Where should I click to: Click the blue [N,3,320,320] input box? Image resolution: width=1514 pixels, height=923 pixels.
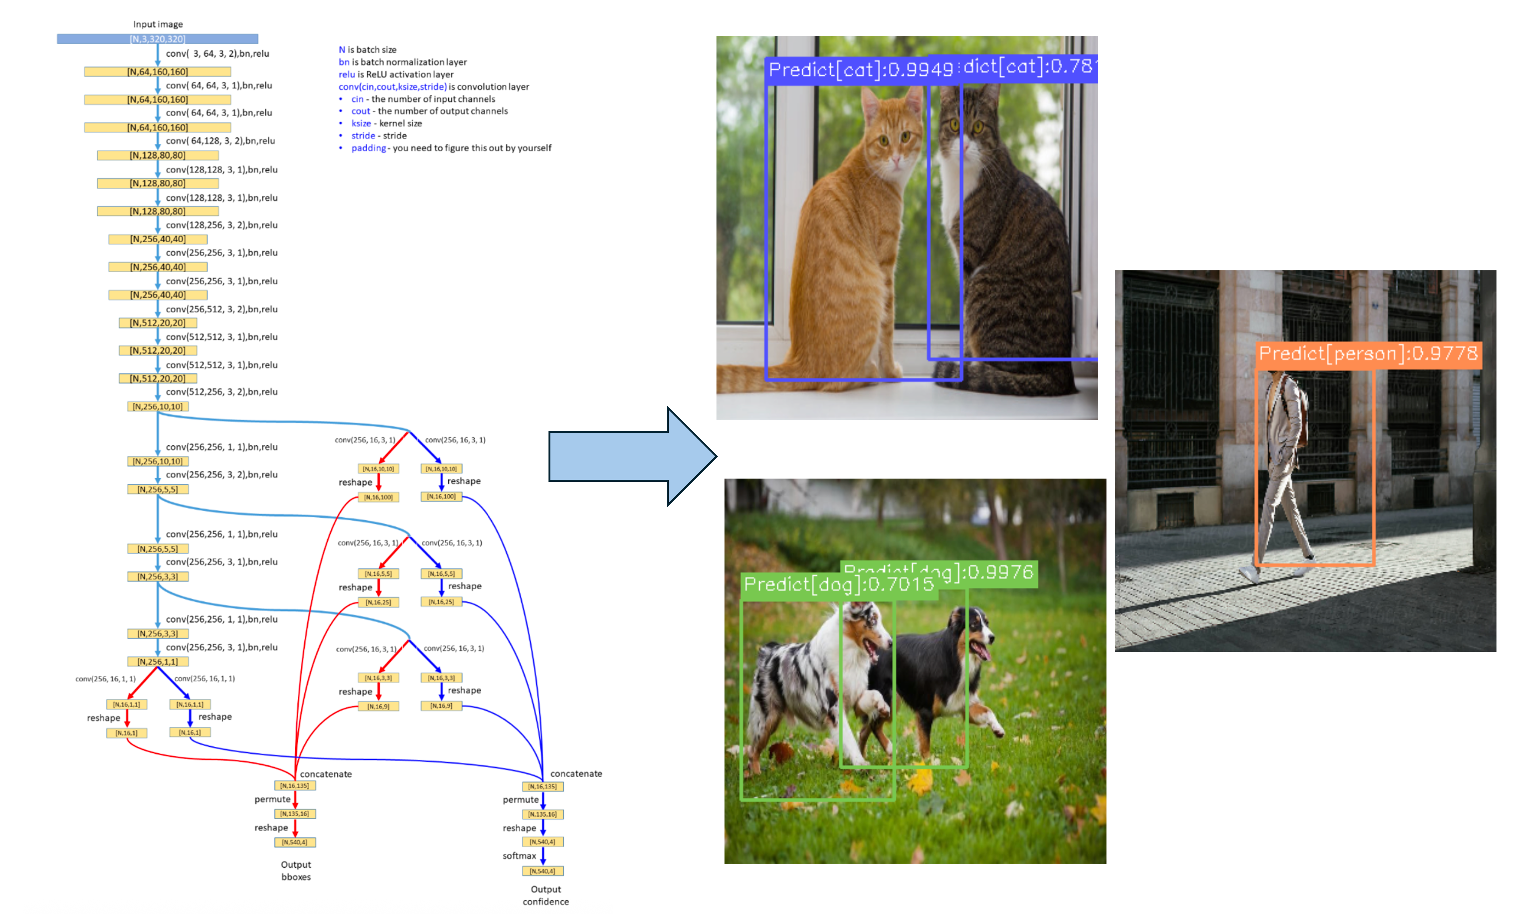(x=157, y=39)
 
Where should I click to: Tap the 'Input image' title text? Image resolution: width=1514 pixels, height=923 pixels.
(x=158, y=24)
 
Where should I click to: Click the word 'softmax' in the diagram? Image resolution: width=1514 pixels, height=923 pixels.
(x=519, y=855)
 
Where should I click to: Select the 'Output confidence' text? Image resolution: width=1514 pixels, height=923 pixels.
(x=546, y=895)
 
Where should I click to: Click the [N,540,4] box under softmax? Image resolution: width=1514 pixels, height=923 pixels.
(x=542, y=871)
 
